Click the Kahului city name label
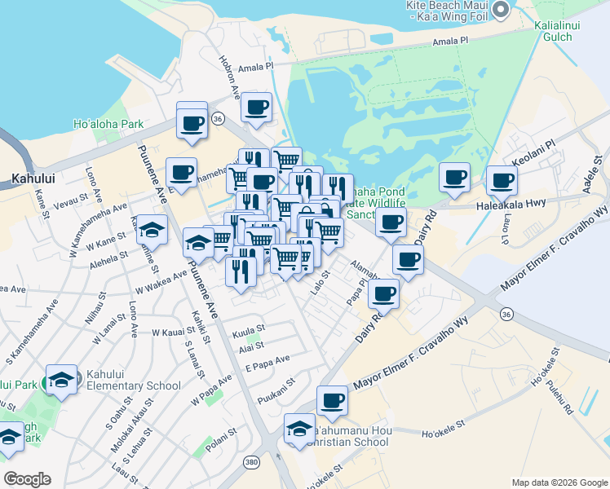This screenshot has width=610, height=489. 33,177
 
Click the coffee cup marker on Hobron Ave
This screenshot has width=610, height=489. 256,107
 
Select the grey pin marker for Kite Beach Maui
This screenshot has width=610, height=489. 501,10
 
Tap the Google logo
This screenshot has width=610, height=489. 27,479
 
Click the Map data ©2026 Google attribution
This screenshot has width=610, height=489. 559,482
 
